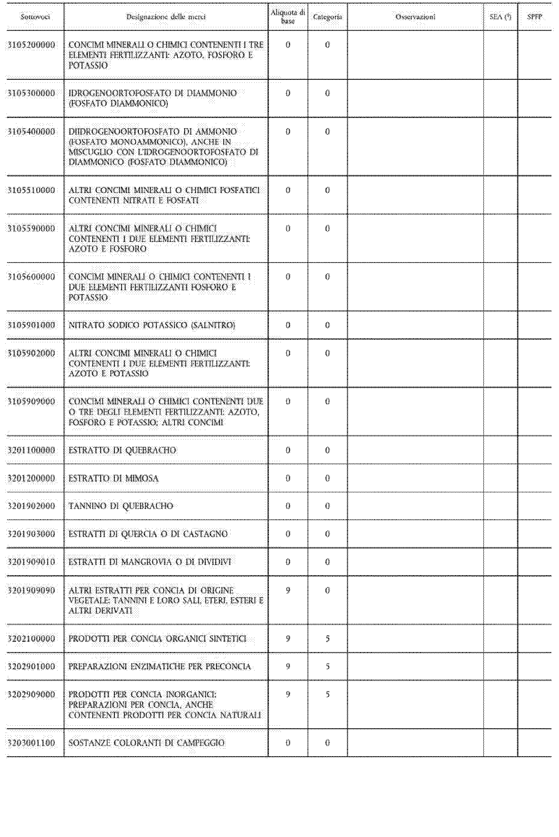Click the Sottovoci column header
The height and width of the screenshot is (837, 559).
35,17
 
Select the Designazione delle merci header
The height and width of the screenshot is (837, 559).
166,17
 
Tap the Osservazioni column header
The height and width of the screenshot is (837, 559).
415,17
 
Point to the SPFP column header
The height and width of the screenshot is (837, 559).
534,17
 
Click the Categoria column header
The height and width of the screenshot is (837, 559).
327,17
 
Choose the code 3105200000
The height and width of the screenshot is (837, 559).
32,45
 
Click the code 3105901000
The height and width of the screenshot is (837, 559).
32,325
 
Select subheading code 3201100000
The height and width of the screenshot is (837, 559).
32,450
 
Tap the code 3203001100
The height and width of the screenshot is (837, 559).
32,743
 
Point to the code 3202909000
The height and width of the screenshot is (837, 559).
32,694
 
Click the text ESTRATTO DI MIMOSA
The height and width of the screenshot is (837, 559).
113,478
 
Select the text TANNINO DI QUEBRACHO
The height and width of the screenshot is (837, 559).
121,506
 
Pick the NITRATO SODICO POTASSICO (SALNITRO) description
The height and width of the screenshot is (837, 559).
151,325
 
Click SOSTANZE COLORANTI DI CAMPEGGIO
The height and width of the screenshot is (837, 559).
146,743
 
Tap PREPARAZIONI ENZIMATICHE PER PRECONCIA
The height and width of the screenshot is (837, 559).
159,666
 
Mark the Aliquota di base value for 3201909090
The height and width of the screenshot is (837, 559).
288,590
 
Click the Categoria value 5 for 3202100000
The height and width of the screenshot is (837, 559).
327,639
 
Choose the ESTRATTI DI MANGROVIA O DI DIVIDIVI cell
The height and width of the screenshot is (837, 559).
150,562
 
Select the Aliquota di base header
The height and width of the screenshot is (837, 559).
288,17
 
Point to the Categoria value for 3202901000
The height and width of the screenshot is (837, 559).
327,666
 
